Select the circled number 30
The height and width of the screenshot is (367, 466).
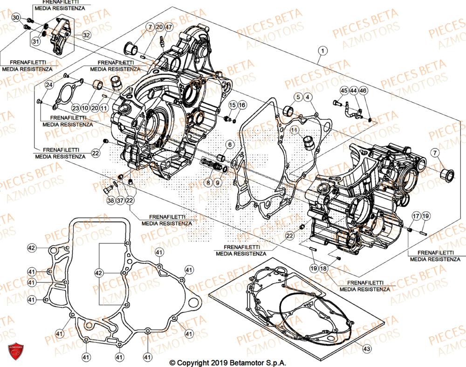pyautogui.click(x=16, y=18)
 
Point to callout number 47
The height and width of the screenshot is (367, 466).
pyautogui.click(x=168, y=27)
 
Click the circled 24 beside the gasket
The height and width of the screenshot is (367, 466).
pyautogui.click(x=49, y=84)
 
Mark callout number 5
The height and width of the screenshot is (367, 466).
pyautogui.click(x=297, y=97)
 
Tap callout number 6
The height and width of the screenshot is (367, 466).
pyautogui.click(x=230, y=145)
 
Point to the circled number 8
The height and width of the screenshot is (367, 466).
pyautogui.click(x=207, y=183)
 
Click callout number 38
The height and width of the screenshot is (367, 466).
pyautogui.click(x=110, y=201)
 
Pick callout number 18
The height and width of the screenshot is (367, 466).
pyautogui.click(x=323, y=269)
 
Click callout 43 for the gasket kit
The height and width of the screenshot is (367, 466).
pyautogui.click(x=366, y=349)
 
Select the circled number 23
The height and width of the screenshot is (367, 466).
pyautogui.click(x=75, y=107)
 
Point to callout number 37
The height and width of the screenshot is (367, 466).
pyautogui.click(x=121, y=201)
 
